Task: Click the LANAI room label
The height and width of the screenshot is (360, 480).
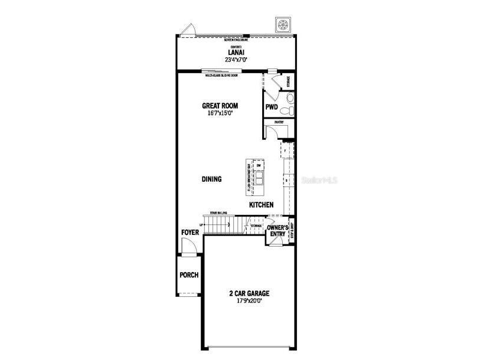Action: click(236, 52)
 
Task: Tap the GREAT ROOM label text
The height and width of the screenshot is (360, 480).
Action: click(220, 106)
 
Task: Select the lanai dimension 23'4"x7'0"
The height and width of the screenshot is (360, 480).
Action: click(236, 59)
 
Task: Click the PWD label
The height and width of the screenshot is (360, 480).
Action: click(271, 107)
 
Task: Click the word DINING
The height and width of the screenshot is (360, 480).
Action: click(211, 179)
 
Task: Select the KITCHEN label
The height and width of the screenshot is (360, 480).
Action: click(260, 205)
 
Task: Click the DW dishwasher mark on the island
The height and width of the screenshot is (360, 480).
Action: click(259, 166)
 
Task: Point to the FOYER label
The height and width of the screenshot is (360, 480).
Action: click(190, 233)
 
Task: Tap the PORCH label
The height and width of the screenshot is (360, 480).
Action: click(189, 275)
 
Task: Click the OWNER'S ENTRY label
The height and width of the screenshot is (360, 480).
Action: click(277, 231)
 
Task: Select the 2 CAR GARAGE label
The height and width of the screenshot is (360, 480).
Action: click(250, 293)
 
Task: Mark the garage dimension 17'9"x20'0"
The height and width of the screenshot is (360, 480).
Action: click(250, 300)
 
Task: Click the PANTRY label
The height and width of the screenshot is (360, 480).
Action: click(279, 122)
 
